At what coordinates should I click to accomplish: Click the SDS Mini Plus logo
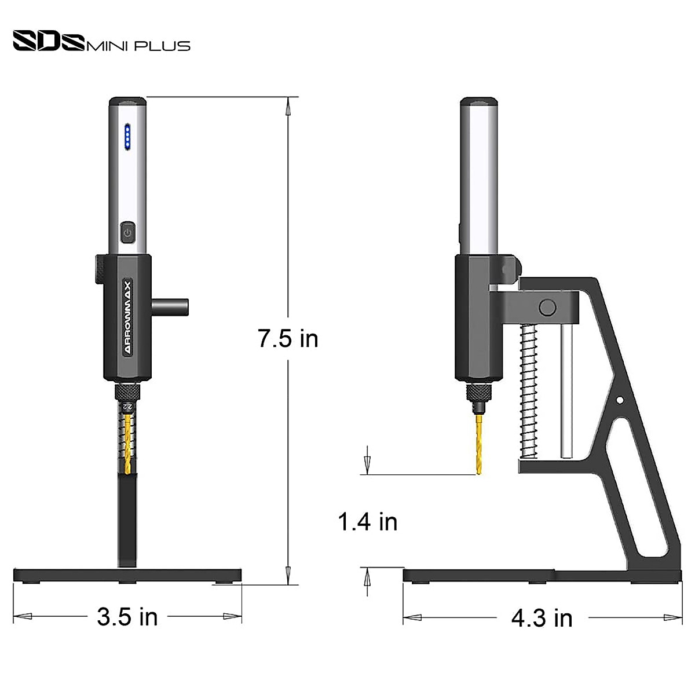tap(101, 42)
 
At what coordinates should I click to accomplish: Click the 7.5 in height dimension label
tap(288, 338)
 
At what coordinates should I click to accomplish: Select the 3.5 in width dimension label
tap(127, 617)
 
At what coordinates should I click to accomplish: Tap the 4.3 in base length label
tap(542, 619)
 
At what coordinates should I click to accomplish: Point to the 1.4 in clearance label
tap(368, 522)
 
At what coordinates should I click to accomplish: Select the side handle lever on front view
tap(171, 306)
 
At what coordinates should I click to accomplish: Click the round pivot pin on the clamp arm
tap(547, 307)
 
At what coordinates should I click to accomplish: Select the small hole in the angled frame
tap(620, 400)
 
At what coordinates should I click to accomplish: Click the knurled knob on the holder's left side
tap(100, 269)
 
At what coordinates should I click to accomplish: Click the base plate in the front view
tap(127, 575)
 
